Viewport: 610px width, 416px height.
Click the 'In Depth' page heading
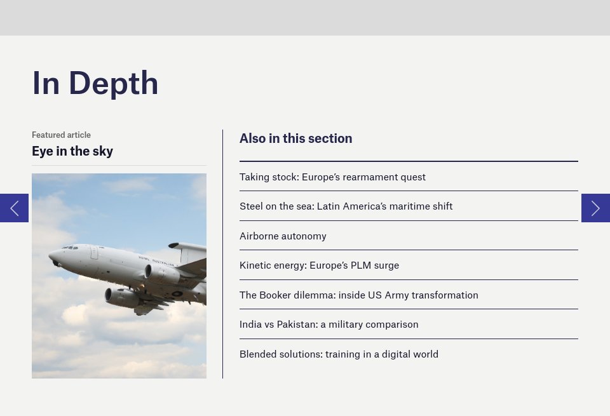95,83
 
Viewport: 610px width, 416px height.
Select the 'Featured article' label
61,135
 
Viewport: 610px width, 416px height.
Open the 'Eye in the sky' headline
72,151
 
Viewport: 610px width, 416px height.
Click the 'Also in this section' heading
295,138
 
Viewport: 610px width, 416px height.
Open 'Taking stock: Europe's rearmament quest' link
332,177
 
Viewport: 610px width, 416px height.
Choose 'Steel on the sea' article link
346,206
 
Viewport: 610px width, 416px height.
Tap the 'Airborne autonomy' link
283,236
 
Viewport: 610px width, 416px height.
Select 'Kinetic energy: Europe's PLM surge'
319,265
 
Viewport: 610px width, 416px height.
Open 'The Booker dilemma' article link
358,295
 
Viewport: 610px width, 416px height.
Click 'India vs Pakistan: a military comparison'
329,325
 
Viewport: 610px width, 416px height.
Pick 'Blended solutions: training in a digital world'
339,354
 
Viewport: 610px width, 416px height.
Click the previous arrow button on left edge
14,208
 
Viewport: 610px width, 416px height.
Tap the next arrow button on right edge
595,208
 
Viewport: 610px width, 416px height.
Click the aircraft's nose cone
53,257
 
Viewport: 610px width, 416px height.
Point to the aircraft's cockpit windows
69,248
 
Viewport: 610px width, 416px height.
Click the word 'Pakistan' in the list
295,325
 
